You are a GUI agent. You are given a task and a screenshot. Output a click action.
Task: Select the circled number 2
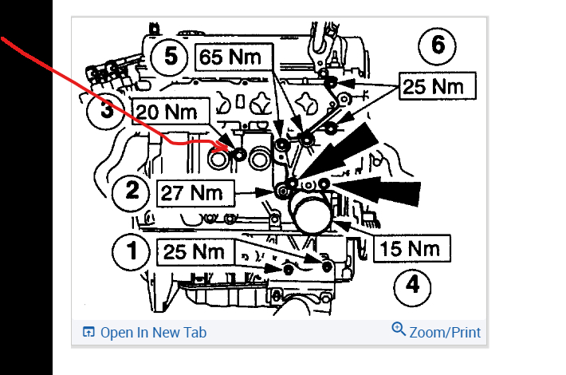click(x=132, y=192)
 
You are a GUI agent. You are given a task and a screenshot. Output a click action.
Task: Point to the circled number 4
click(x=411, y=284)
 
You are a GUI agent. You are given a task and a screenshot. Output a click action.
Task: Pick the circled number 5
click(x=169, y=57)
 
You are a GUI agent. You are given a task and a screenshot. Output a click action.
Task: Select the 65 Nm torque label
click(x=234, y=58)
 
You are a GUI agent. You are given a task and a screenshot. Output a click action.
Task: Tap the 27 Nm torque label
click(x=197, y=192)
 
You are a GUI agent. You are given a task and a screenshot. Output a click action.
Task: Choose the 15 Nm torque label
click(x=411, y=248)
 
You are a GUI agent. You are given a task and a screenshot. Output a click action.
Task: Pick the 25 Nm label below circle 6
click(x=437, y=86)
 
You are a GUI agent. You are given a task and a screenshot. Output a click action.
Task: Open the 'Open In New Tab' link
click(x=152, y=332)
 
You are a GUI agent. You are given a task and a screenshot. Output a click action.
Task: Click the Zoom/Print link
click(x=445, y=332)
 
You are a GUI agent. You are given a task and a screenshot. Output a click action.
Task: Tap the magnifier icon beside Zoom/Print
click(x=399, y=330)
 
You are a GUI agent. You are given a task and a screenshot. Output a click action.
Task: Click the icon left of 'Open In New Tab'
click(x=88, y=332)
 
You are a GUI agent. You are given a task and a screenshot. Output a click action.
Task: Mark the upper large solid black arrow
click(x=347, y=152)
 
